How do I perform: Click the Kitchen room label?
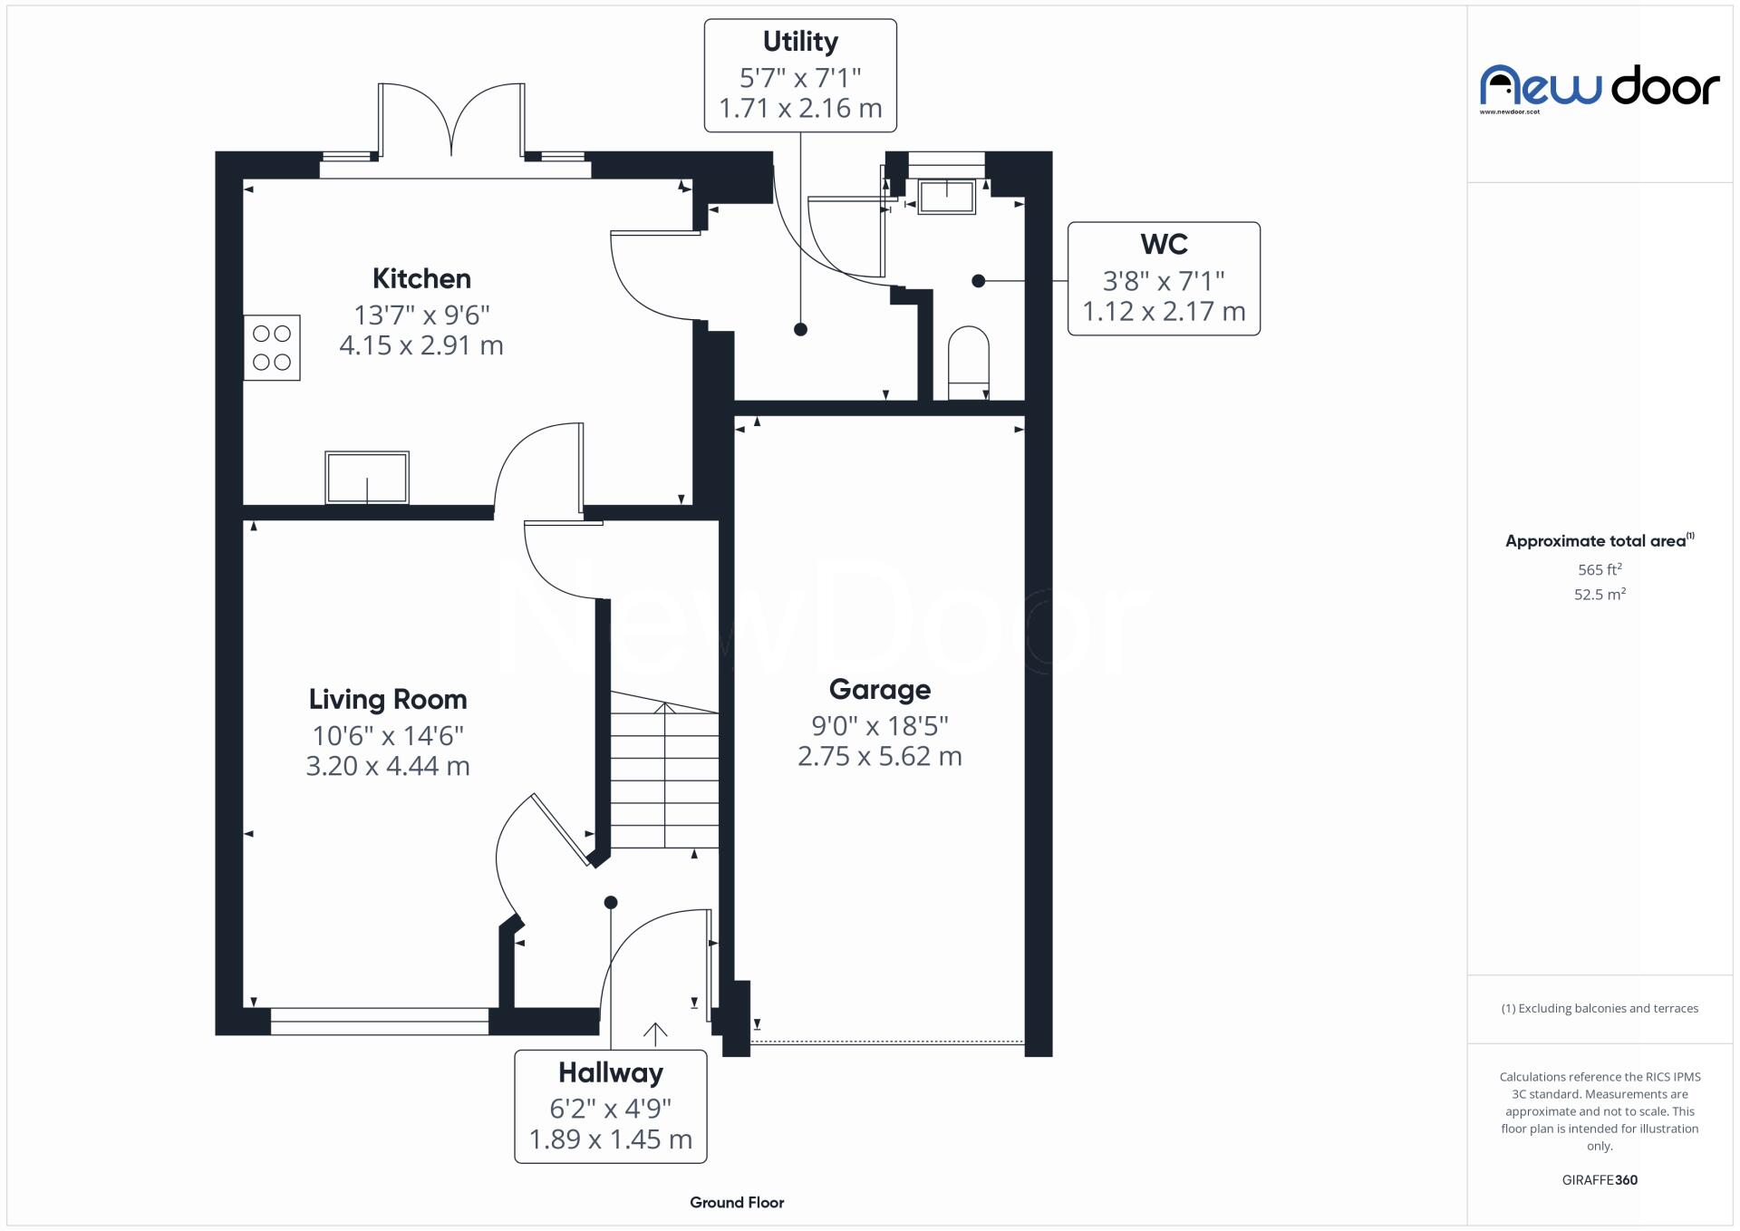coord(421,278)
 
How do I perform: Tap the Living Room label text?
coord(388,699)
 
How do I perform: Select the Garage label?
coord(879,689)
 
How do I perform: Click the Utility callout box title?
coord(800,42)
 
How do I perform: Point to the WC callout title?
coord(1164,244)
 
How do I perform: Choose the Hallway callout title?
coord(610,1072)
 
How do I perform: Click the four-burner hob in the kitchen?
coord(272,347)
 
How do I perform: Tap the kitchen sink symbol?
coord(367,477)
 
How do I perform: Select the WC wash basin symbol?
coord(946,197)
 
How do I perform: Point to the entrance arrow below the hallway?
coord(654,1033)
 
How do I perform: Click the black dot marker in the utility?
coord(800,330)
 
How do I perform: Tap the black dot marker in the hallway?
coord(611,902)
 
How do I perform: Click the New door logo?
coord(1600,87)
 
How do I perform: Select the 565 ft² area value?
coord(1600,569)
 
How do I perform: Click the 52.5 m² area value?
coord(1600,594)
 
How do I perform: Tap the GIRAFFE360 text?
coord(1600,1179)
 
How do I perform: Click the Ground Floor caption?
coord(737,1202)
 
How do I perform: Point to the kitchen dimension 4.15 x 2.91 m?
coord(421,345)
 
